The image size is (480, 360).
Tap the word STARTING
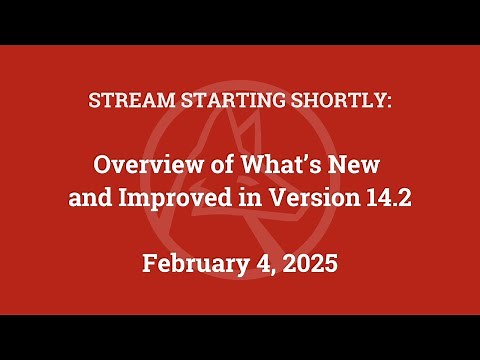tap(208, 103)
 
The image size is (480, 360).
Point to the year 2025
tap(308, 265)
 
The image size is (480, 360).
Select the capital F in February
tap(149, 265)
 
